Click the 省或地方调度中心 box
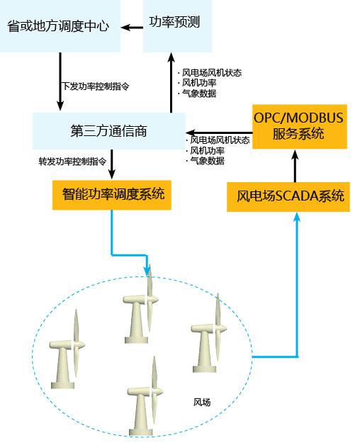click(60, 26)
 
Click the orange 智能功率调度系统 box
click(113, 193)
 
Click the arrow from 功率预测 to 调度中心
click(131, 27)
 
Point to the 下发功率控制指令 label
click(95, 86)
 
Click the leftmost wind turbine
click(69, 351)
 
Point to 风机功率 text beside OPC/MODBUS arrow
click(206, 150)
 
